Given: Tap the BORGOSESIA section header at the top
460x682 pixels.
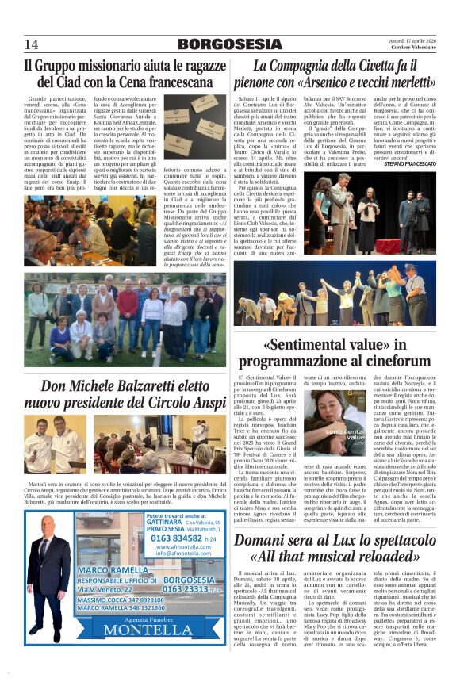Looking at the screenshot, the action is click(x=230, y=44).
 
